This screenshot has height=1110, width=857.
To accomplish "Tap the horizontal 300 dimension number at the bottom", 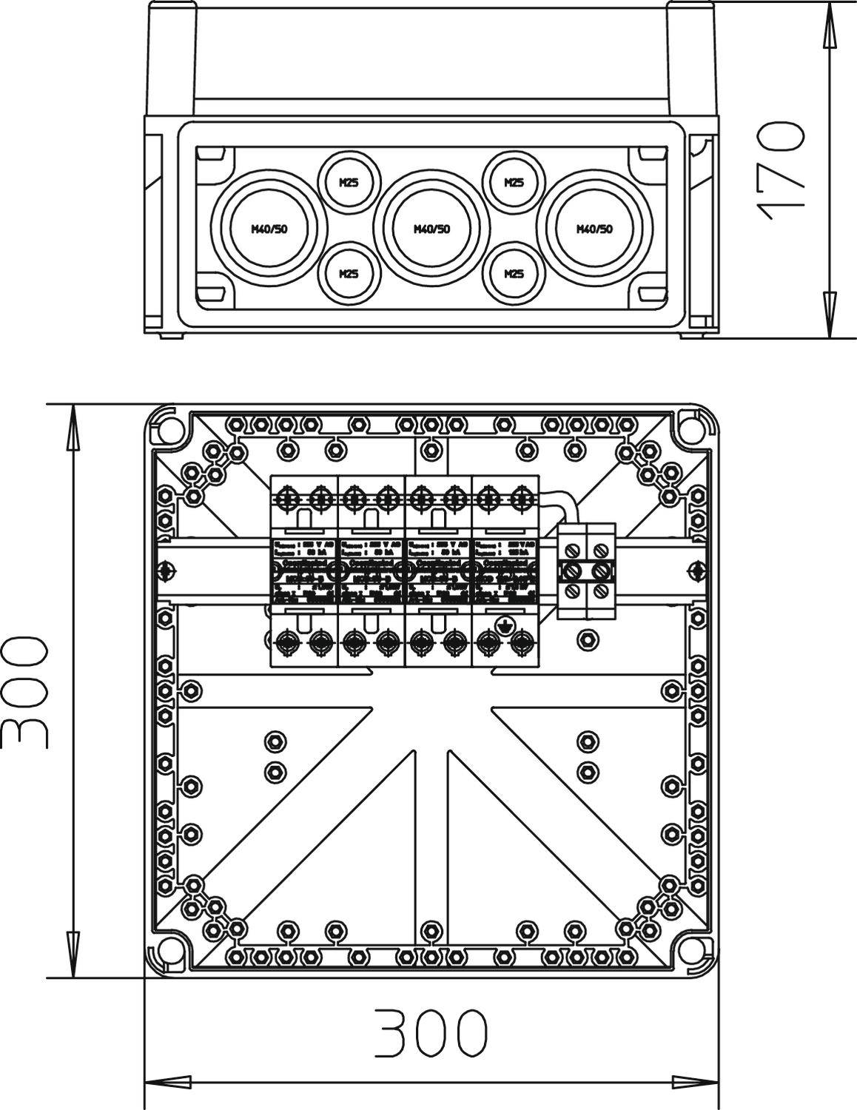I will [431, 1032].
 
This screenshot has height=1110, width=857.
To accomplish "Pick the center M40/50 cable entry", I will [431, 229].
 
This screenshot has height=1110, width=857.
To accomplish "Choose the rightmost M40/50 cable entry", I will [594, 229].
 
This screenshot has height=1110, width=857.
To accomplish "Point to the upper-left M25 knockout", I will [349, 183].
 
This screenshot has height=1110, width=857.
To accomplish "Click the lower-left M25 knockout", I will [349, 274].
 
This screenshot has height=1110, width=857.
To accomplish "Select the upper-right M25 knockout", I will [514, 183].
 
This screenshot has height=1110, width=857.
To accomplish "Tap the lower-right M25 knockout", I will [514, 274].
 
